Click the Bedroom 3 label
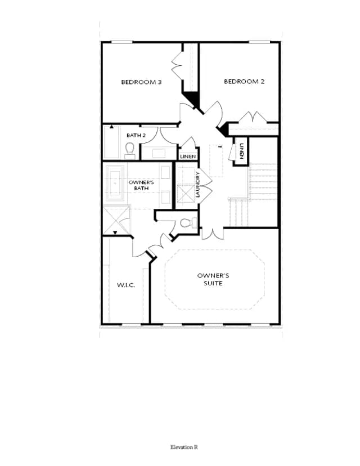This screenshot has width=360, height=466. pos(141,82)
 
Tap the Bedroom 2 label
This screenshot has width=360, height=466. pos(244,82)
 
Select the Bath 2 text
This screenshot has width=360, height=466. pos(136,135)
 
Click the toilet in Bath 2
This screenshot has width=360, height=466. pos(129,151)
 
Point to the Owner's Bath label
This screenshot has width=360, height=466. pos(141,185)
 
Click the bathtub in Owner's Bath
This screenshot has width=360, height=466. pos(114,183)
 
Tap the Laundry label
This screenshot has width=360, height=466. pos(198,185)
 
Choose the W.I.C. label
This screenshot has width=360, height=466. pos(126,285)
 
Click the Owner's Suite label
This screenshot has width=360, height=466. pos(213,279)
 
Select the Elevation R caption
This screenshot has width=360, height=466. pos(184,447)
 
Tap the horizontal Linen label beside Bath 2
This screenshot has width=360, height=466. pos(188,156)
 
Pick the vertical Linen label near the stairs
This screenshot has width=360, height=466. pos(241,151)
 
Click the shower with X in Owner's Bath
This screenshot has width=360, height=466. pos(116,220)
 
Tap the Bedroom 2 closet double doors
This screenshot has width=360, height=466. pos(253,117)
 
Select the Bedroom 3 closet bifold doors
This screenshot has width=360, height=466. pos(177,65)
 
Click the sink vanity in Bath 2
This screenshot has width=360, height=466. pos(159,153)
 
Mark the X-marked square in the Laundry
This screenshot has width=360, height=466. pos(186,194)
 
